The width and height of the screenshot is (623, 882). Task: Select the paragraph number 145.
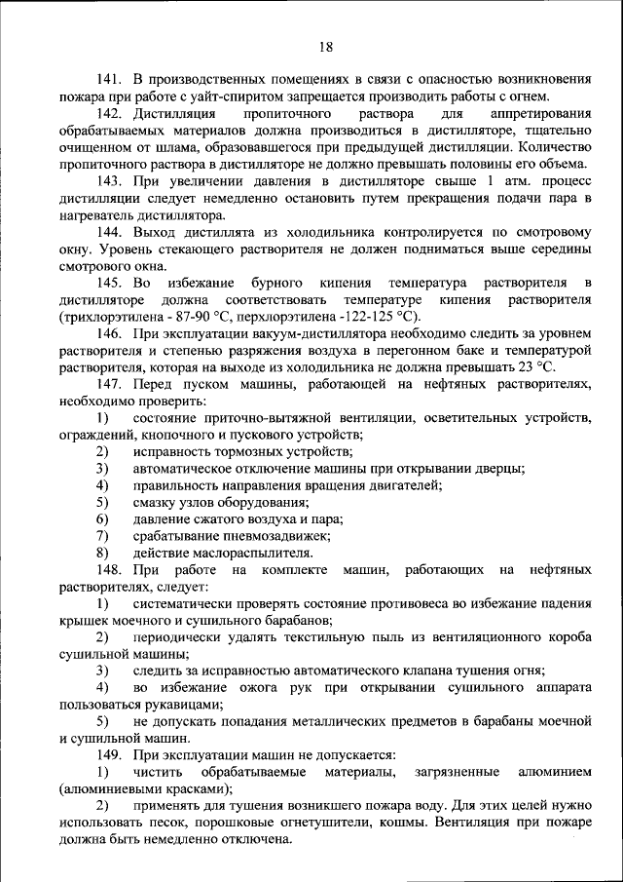(x=109, y=282)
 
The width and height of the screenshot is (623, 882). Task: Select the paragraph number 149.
(x=109, y=755)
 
